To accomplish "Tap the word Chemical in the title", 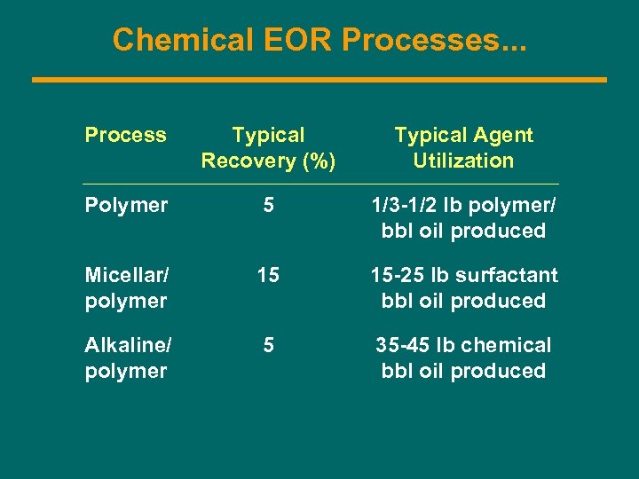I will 182,39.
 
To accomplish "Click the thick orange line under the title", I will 319,80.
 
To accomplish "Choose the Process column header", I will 125,135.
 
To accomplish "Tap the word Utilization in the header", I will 463,161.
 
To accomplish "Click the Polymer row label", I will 126,205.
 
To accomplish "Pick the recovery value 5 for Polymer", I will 268,205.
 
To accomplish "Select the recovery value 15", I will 268,275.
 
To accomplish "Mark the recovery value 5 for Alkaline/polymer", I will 268,345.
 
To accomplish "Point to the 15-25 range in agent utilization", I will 397,275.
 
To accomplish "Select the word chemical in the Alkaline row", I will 506,345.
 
